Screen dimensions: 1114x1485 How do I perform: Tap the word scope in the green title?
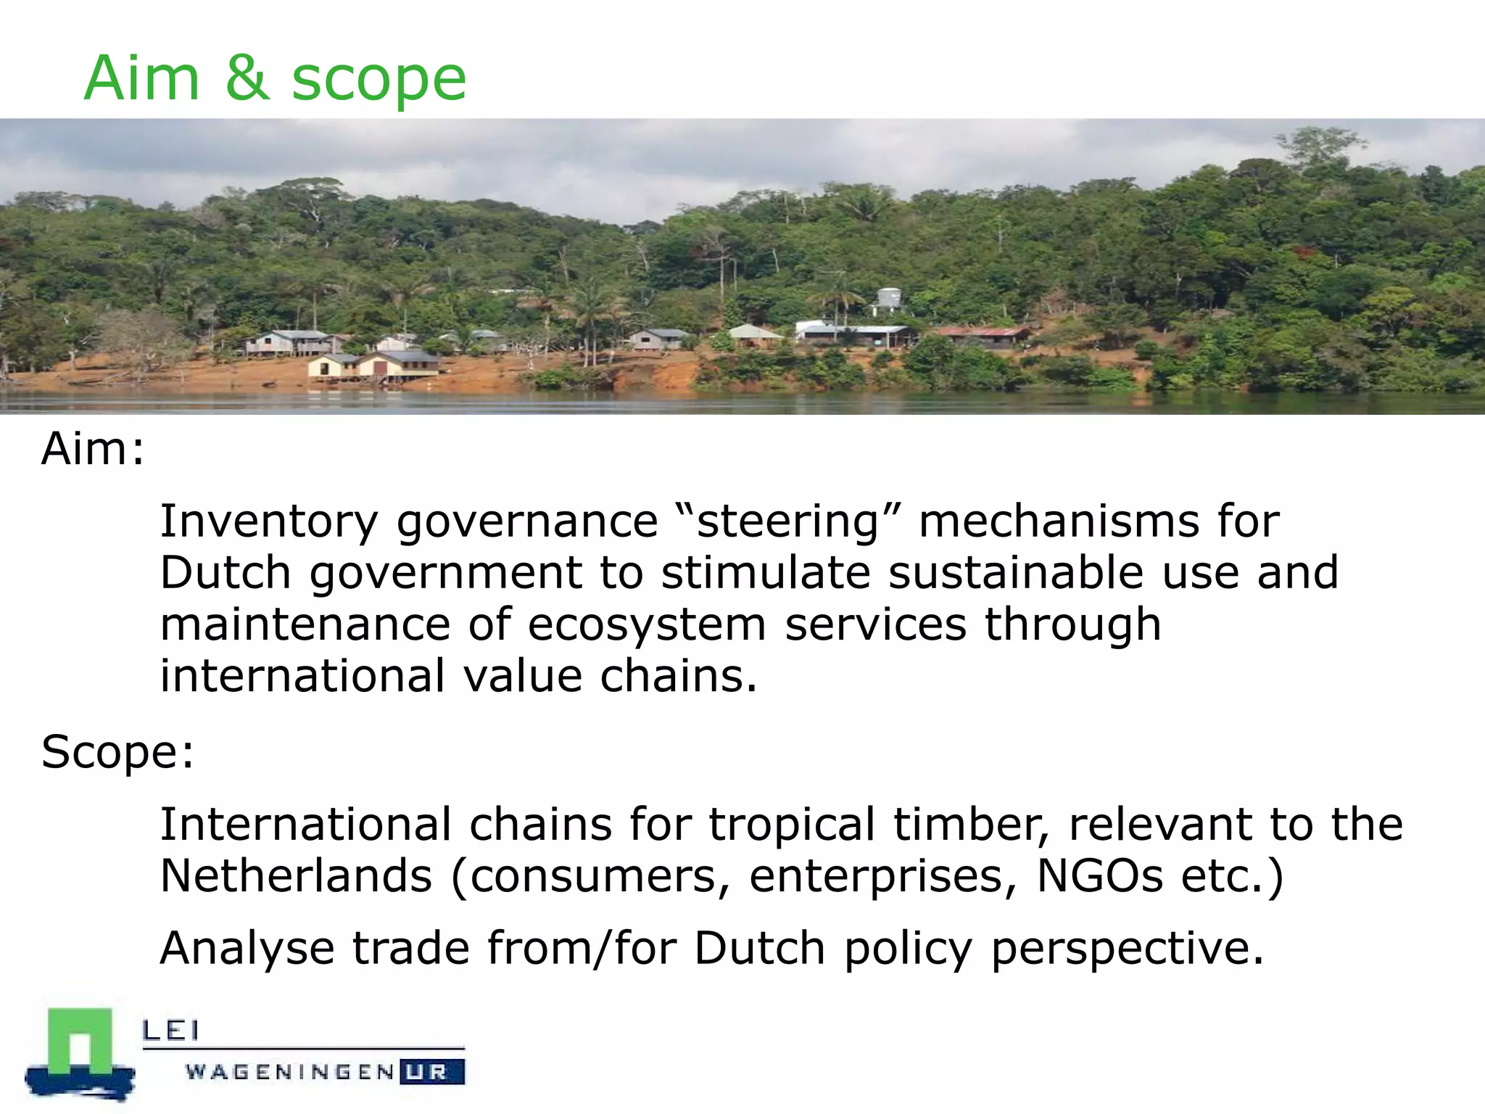(x=379, y=81)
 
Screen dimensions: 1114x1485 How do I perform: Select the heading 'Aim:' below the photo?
(x=93, y=450)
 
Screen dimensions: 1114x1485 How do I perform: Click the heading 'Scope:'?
(x=117, y=752)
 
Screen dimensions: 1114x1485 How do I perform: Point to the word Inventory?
(x=268, y=522)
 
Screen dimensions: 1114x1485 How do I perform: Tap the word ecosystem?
(x=646, y=625)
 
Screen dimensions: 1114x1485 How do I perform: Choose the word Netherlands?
(x=296, y=876)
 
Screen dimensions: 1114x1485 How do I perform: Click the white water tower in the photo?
(x=889, y=298)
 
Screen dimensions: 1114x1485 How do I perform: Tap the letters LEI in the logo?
(x=170, y=1030)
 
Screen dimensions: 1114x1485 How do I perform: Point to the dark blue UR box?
(x=433, y=1072)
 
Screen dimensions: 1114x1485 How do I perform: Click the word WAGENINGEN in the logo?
(x=290, y=1072)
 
